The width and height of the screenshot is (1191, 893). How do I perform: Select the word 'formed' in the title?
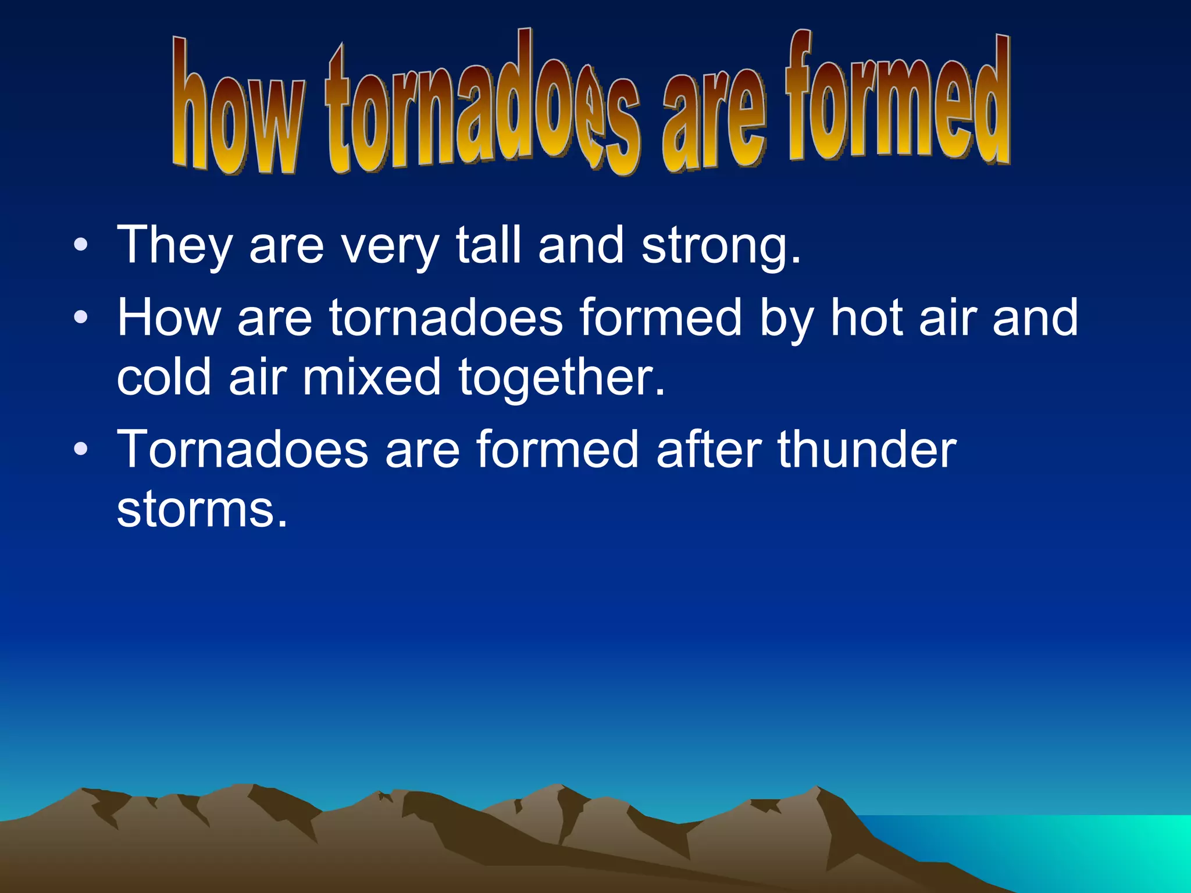898,99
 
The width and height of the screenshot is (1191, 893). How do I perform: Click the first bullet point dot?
81,245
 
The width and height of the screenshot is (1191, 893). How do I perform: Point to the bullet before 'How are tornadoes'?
81,317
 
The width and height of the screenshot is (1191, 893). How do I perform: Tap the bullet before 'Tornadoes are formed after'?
81,449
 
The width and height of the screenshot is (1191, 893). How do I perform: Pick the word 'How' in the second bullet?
169,317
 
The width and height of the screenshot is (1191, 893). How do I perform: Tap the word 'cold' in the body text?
164,377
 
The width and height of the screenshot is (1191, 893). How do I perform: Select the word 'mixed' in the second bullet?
372,377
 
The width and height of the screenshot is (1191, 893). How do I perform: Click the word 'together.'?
562,378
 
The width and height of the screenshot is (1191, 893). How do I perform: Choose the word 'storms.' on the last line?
202,509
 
